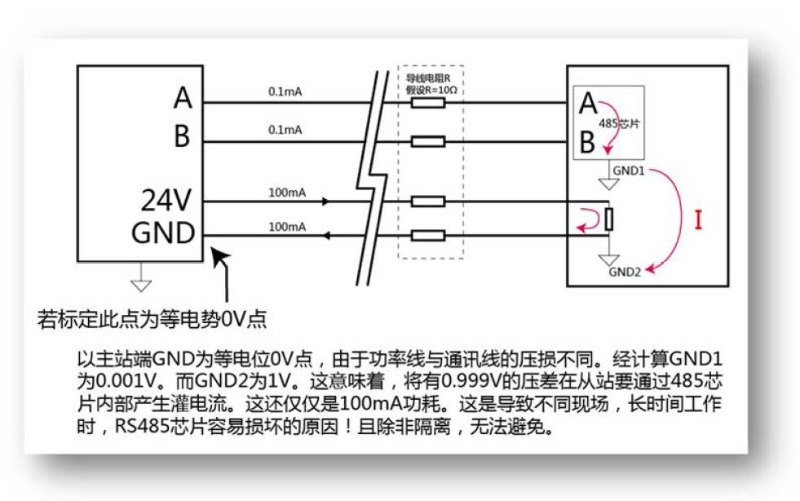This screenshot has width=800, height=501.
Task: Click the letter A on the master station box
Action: tap(183, 99)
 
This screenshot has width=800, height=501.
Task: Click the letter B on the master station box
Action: tap(182, 137)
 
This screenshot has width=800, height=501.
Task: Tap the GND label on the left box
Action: tap(163, 233)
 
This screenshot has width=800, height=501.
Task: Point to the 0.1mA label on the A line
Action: tap(284, 92)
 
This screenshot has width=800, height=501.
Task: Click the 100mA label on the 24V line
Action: tap(286, 193)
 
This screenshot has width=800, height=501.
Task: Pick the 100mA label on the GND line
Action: tap(286, 228)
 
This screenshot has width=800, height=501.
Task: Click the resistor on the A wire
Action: tap(428, 104)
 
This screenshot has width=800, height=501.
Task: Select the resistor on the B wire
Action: tap(428, 142)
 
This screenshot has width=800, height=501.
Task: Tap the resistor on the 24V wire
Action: tap(428, 201)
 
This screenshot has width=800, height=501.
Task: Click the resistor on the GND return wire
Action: tap(428, 236)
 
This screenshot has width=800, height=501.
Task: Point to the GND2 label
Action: tap(625, 273)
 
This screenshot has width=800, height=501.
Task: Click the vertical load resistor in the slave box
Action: tap(608, 219)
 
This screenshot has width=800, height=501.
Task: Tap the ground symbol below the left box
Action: tap(141, 283)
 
